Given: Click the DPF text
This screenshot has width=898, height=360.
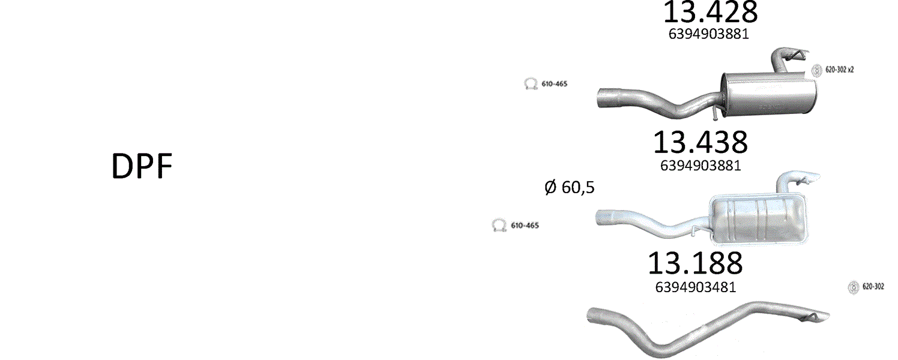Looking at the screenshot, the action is (142, 166).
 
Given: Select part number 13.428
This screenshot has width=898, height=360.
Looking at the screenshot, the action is (710, 12).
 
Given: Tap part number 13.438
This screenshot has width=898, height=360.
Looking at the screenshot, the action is (701, 142).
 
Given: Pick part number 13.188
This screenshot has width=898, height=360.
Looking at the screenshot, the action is (695, 263).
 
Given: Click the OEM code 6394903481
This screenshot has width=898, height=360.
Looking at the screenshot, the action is (696, 287).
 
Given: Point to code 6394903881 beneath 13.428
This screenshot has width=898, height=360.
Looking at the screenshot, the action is (708, 34).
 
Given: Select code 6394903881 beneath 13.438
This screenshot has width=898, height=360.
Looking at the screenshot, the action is (701, 166).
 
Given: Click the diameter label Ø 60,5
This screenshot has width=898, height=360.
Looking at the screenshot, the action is (569, 187).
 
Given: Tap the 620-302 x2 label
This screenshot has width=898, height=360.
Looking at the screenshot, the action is (839, 70).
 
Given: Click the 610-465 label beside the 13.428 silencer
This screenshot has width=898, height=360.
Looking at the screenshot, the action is (555, 84).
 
